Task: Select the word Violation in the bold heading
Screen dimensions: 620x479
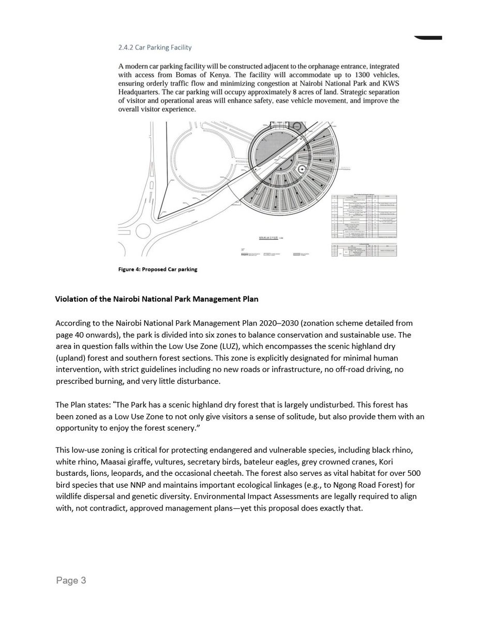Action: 71,299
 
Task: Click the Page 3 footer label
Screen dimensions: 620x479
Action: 71,581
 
